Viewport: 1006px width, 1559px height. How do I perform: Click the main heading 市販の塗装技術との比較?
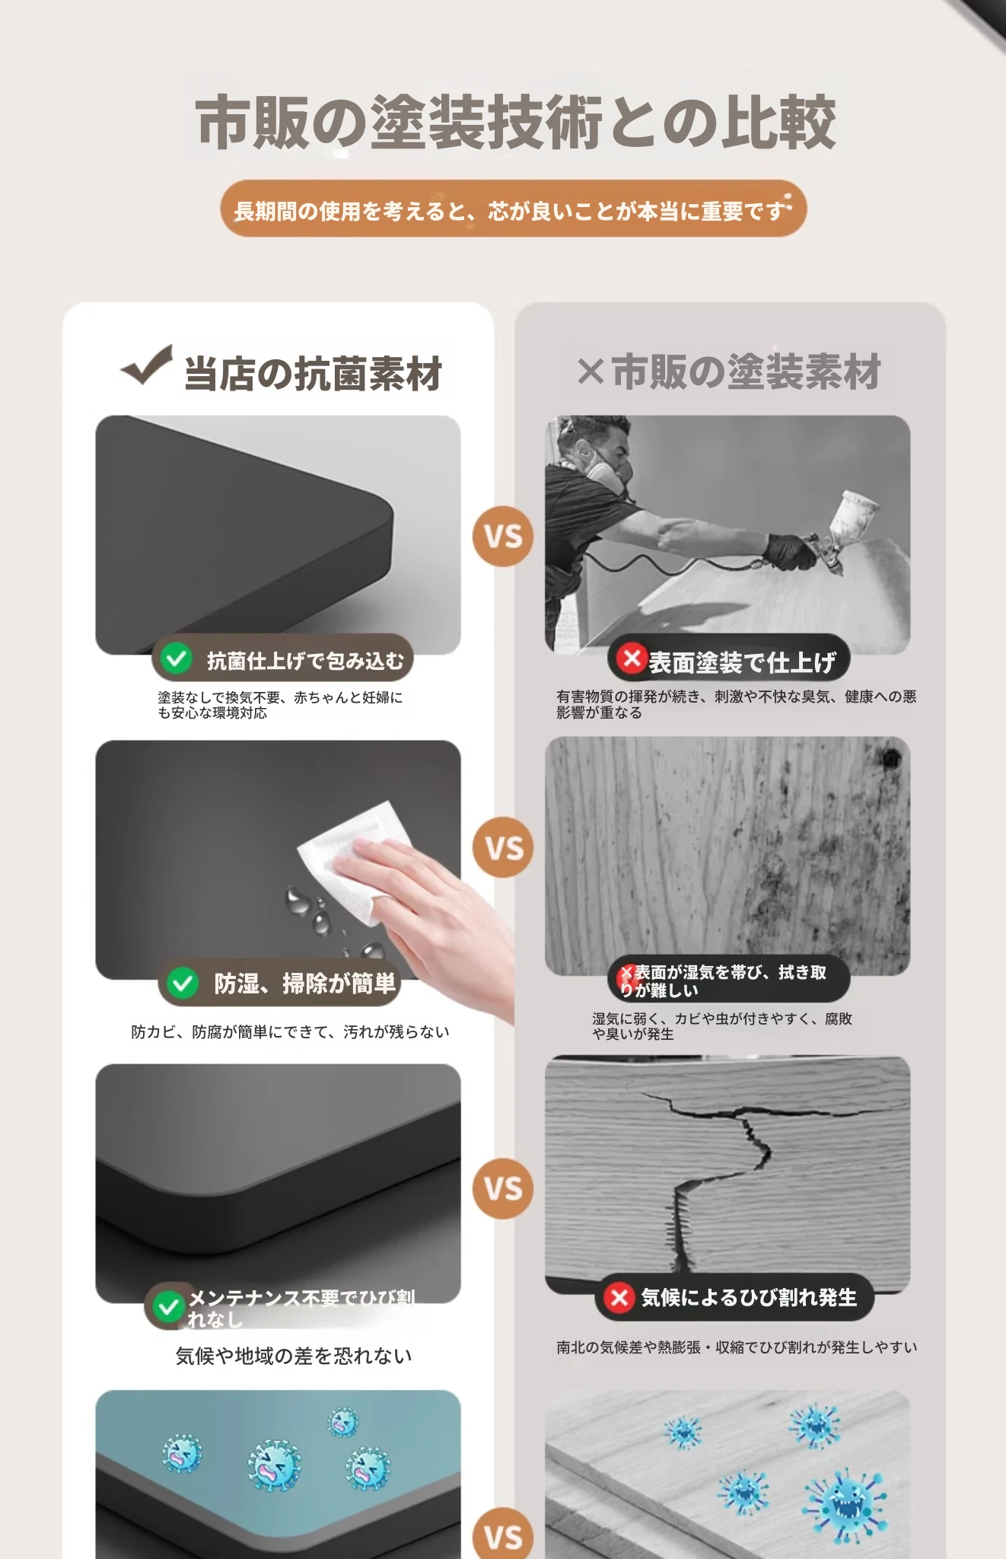point(515,123)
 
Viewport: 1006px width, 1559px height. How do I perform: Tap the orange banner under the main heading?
point(514,209)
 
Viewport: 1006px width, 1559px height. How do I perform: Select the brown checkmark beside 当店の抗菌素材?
point(146,365)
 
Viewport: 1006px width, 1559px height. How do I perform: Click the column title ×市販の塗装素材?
point(729,371)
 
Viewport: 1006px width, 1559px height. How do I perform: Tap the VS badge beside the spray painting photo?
point(503,536)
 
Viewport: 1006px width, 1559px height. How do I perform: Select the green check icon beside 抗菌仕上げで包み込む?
point(177,658)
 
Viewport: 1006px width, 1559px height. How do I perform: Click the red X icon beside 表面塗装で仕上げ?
point(632,658)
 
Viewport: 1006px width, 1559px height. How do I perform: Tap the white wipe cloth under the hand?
point(354,860)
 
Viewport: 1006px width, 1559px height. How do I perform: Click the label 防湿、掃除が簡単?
point(305,984)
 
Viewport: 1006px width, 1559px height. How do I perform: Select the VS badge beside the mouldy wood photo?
point(503,847)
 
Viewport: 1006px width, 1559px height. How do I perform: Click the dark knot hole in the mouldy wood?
point(890,757)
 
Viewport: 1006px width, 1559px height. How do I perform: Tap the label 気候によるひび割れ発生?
point(749,1297)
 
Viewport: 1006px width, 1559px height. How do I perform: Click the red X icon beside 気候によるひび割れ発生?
point(619,1297)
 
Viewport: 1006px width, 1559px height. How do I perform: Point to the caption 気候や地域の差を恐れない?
point(294,1356)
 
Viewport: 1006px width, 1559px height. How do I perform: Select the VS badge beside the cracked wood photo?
point(503,1188)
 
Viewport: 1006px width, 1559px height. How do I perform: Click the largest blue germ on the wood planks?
point(845,1503)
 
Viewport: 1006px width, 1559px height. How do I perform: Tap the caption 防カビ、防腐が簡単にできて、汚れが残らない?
point(290,1031)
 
